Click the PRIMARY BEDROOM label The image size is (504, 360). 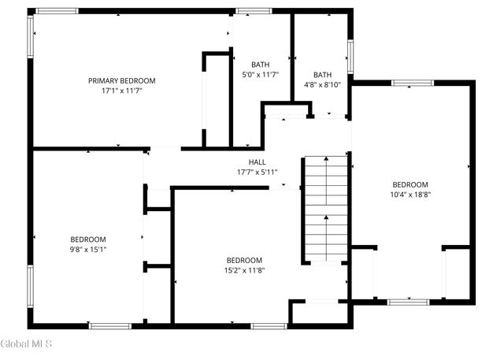click(121, 80)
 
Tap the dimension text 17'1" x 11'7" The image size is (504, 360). click(121, 91)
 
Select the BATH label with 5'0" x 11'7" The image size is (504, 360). click(260, 65)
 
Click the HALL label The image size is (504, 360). click(257, 161)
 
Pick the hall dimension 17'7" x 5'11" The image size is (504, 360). click(257, 172)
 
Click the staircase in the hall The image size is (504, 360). click(326, 208)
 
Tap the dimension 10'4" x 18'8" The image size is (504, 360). click(410, 195)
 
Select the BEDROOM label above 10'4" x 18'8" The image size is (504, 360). click(410, 184)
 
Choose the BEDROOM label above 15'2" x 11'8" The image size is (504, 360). click(244, 260)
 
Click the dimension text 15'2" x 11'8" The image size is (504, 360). click(244, 270)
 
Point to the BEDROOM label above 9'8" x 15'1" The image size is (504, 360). click(88, 239)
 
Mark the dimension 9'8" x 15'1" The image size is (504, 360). click(88, 249)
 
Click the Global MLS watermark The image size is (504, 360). click(26, 343)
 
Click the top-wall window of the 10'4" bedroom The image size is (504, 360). click(413, 83)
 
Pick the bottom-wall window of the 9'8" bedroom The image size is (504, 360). click(110, 325)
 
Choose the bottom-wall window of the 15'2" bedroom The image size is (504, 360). click(269, 325)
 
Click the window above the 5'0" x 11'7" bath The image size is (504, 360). click(253, 11)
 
